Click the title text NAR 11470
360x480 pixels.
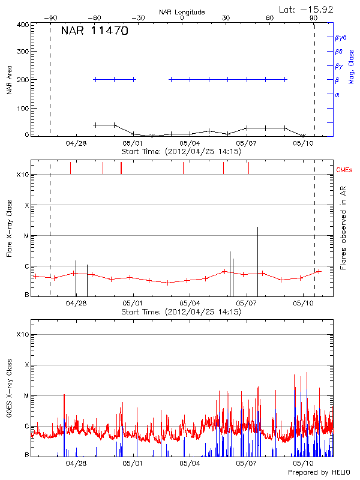click(94, 31)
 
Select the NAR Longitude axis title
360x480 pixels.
click(182, 11)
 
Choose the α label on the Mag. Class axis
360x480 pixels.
click(337, 94)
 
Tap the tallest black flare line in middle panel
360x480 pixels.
click(257, 261)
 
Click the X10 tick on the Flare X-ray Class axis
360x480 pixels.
click(23, 175)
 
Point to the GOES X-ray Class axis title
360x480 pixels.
click(9, 394)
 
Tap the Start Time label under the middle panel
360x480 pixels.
click(181, 312)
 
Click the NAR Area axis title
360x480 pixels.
click(9, 80)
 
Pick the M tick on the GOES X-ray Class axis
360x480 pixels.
click(26, 395)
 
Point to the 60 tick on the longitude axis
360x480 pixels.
click(270, 19)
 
